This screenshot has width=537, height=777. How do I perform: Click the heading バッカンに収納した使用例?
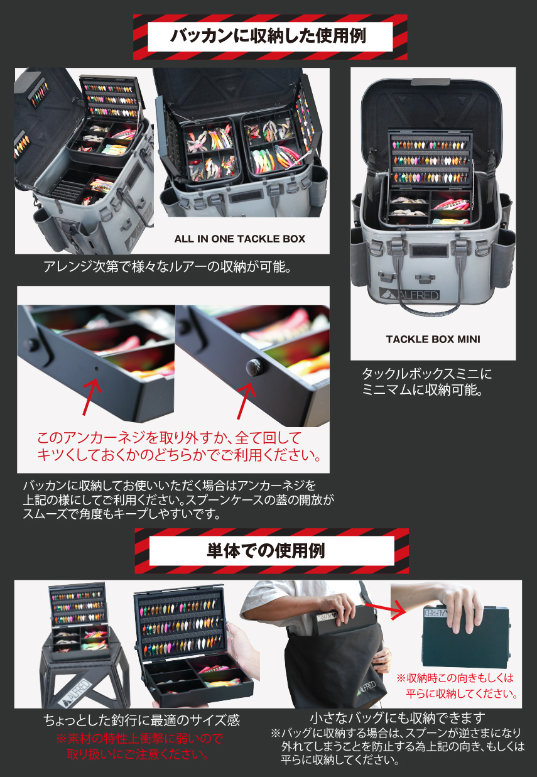click(268, 36)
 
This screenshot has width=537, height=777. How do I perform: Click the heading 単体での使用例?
click(266, 550)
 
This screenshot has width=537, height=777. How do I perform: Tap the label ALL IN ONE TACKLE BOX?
click(240, 239)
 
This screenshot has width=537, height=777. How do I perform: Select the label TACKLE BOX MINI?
click(433, 339)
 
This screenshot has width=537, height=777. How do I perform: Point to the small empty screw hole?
click(97, 369)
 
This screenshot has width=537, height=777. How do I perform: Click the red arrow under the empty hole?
click(91, 396)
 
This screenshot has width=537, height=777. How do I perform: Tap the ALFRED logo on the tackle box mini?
click(410, 295)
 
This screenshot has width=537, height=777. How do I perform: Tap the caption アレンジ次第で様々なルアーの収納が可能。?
click(168, 266)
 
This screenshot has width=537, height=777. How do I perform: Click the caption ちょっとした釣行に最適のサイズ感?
click(142, 720)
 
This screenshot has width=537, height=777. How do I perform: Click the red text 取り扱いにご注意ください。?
click(138, 754)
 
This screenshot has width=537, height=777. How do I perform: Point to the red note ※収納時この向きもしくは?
click(455, 678)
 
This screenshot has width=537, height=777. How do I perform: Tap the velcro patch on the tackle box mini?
click(430, 251)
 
